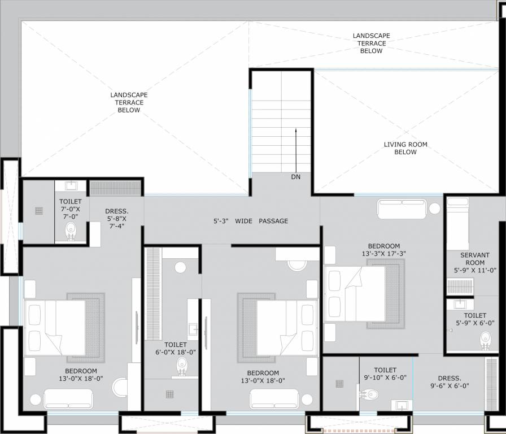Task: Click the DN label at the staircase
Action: click(295, 177)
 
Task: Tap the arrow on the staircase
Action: click(295, 150)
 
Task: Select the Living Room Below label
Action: click(405, 148)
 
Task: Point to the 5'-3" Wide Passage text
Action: click(251, 221)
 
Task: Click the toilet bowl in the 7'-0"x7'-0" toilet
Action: click(71, 231)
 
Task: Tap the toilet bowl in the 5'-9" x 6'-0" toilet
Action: click(485, 341)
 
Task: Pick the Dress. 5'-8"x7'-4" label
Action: click(117, 219)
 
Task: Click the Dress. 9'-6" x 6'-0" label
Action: click(450, 381)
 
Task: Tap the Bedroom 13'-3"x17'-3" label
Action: click(383, 250)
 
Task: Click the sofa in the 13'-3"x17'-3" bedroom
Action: click(402, 209)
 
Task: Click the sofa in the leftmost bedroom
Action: click(68, 399)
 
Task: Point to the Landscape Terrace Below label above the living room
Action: click(371, 44)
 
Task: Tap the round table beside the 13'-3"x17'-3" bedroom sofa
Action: click(435, 209)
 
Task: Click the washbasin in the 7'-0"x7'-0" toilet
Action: click(71, 186)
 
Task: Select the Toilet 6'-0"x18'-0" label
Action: click(176, 349)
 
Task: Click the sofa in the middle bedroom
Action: click(274, 399)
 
